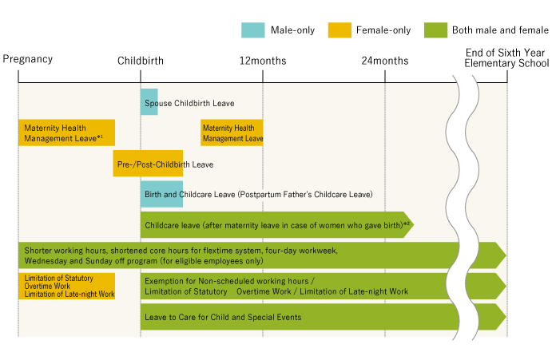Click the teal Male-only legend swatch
tap(252, 30)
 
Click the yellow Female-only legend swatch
tap(340, 30)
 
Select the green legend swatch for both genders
tap(435, 30)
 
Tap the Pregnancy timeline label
tap(28, 59)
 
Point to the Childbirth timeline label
tap(141, 61)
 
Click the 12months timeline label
tap(263, 61)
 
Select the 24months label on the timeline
tap(385, 61)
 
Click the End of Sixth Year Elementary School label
tap(506, 58)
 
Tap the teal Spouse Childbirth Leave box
tap(149, 102)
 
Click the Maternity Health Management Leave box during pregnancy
tap(66, 133)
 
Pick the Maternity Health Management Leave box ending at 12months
tap(232, 133)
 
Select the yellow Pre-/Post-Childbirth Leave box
tap(148, 164)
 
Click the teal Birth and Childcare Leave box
tap(161, 194)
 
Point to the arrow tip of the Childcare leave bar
tap(414, 224)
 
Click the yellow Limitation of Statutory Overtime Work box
tap(66, 286)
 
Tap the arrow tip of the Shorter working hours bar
tap(506, 255)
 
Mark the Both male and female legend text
tap(500, 30)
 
